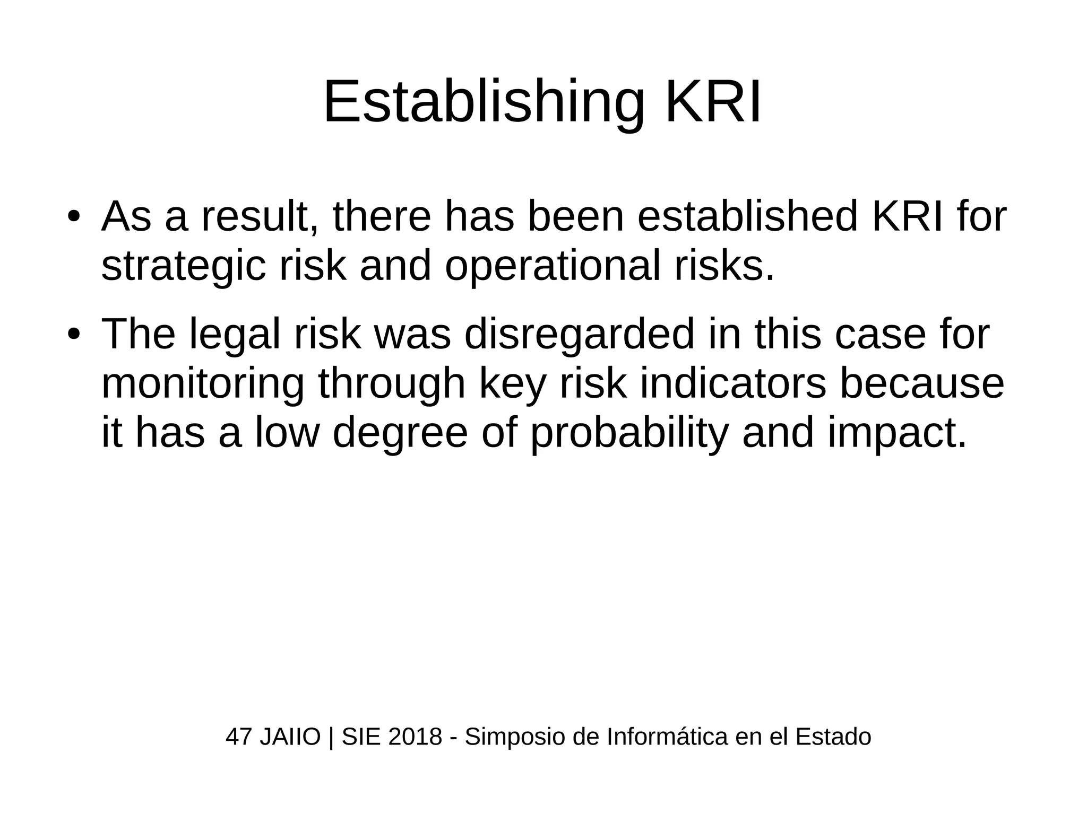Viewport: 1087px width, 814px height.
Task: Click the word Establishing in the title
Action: [x=484, y=102]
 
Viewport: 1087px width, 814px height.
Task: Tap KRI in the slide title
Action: [x=713, y=102]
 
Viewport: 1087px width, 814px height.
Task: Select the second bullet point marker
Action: [x=73, y=335]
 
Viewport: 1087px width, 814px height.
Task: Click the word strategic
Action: [x=183, y=267]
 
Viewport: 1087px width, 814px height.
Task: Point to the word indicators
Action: [x=733, y=384]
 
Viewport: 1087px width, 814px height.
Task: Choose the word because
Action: [x=922, y=384]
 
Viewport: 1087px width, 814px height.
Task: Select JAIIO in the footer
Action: [x=290, y=737]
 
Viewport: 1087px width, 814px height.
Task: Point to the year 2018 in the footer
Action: [x=415, y=737]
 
